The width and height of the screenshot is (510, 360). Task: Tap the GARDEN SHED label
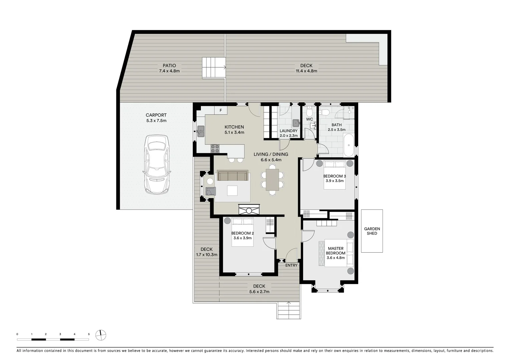(372, 231)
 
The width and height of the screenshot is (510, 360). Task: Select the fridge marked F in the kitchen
(220, 110)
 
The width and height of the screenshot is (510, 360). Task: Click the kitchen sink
(201, 131)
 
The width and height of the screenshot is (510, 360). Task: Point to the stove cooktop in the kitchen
(215, 149)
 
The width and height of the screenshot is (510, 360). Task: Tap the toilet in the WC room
(309, 110)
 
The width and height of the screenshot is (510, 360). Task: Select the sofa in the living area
(232, 176)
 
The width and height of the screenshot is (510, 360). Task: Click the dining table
(272, 180)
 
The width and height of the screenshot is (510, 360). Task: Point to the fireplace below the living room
(249, 210)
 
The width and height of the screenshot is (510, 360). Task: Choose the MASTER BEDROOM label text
(336, 251)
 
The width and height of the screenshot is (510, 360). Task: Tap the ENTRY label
(291, 265)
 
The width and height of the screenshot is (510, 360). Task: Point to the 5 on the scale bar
(89, 334)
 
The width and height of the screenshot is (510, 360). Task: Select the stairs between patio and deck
(213, 68)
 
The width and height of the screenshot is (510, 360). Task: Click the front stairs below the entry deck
(289, 311)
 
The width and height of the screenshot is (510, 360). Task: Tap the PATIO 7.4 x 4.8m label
(169, 68)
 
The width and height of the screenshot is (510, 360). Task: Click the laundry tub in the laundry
(296, 123)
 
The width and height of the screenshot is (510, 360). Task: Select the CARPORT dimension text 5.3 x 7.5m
(156, 121)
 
